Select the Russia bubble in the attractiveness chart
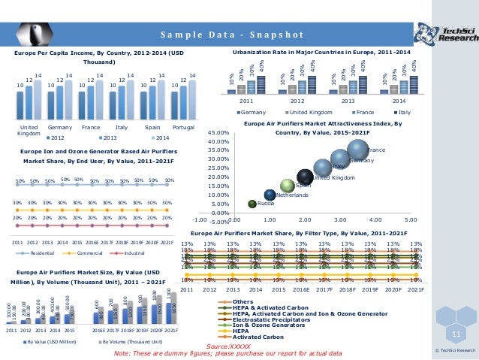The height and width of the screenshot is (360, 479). pos(253,203)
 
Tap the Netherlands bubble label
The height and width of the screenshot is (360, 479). pos(293,195)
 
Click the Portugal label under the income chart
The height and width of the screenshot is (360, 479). pos(183,128)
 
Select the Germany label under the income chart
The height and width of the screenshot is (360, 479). pos(60,128)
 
